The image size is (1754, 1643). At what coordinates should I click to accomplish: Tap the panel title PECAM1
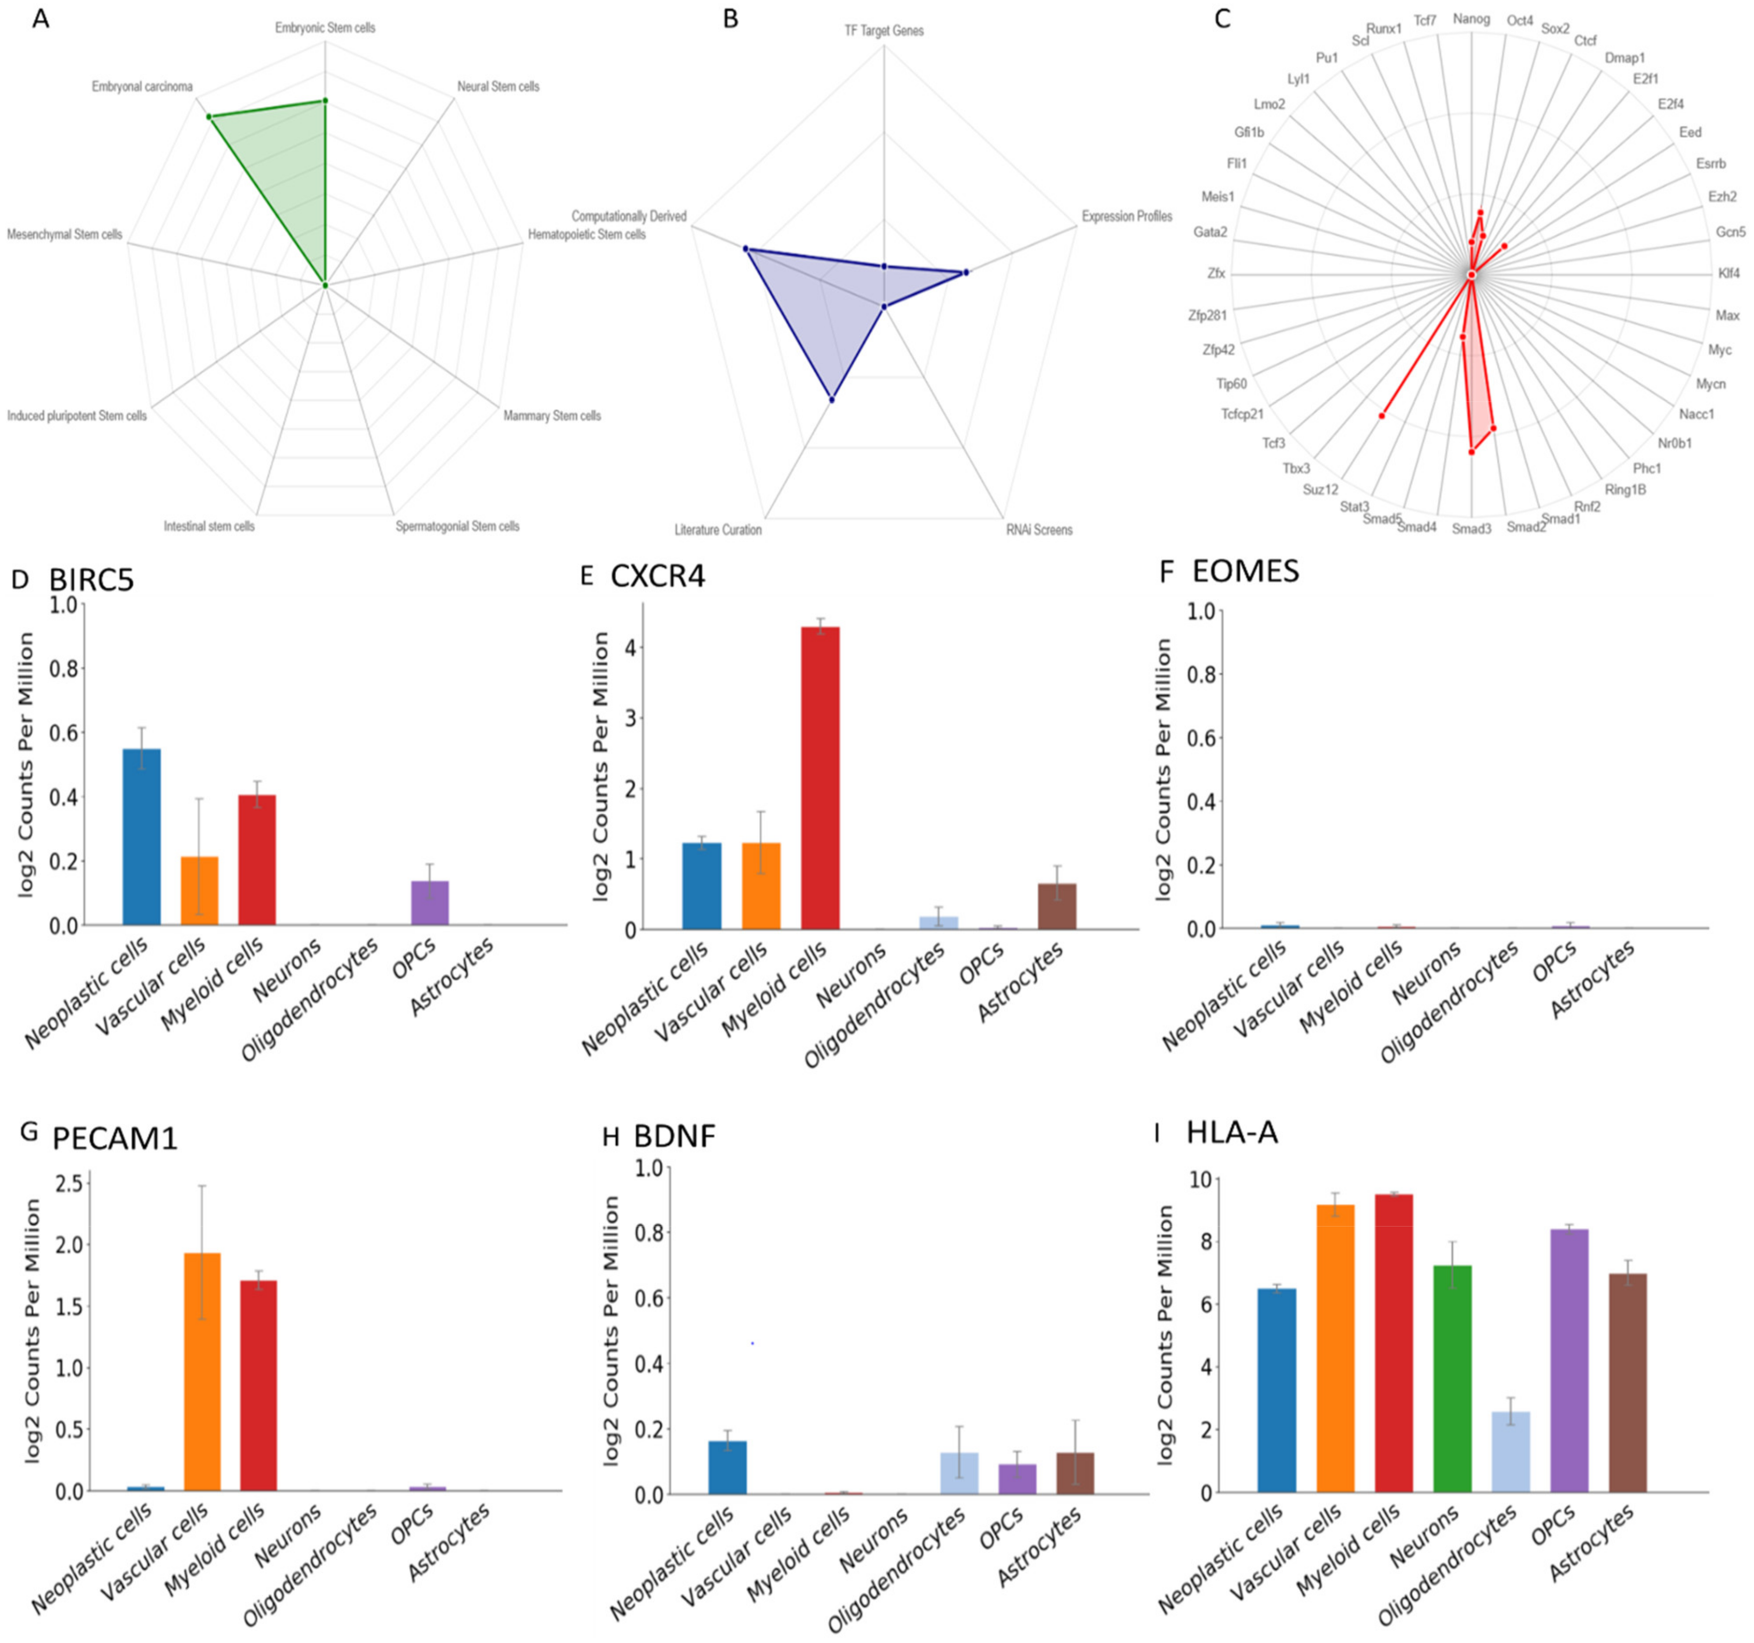click(x=115, y=1138)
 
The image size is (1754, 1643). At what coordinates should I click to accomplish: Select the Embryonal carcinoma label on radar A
click(x=142, y=86)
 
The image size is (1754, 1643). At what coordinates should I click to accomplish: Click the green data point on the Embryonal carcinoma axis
click(x=209, y=116)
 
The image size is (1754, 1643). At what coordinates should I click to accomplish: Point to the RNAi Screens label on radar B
click(x=1038, y=529)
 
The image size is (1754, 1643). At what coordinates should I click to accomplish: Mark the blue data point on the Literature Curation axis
click(x=831, y=400)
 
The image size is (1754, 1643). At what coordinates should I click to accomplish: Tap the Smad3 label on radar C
click(x=1471, y=529)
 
